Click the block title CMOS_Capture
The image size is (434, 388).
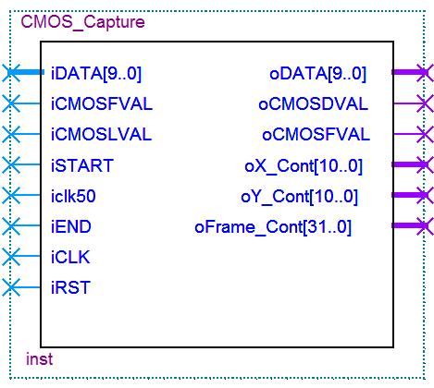[82, 22]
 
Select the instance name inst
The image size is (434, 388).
[39, 359]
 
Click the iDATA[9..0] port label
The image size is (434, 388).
[96, 74]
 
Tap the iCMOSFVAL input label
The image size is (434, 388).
[102, 103]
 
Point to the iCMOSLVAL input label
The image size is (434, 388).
[101, 135]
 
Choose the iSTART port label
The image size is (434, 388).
[82, 165]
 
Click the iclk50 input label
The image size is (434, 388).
[73, 196]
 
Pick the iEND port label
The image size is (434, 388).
[71, 226]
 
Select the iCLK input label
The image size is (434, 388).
[70, 257]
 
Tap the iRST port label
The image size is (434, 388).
[70, 287]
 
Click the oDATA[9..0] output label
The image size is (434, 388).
[318, 74]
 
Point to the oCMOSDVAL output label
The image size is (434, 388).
[313, 104]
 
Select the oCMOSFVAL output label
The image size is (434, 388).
[316, 135]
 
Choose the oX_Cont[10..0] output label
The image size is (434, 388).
[304, 166]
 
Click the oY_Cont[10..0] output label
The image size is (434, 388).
[300, 197]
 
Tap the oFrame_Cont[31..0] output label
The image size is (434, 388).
[273, 227]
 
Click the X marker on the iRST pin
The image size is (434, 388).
[11, 287]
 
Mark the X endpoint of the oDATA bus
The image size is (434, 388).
[425, 73]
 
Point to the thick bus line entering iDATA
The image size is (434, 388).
[26, 72]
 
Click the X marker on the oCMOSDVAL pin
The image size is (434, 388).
[425, 103]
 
